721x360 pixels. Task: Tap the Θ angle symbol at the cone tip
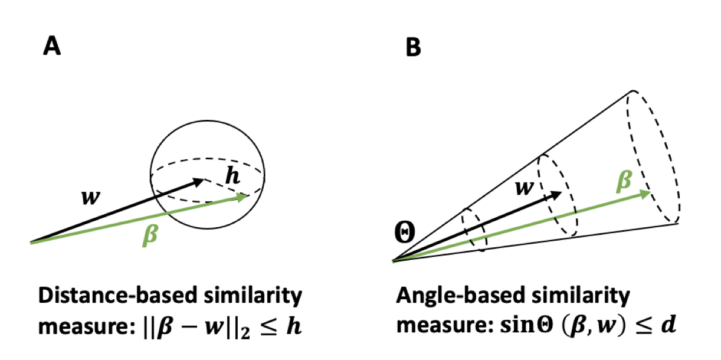(x=405, y=234)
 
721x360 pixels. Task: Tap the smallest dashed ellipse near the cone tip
(x=473, y=230)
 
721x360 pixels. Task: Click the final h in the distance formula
(x=293, y=326)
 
